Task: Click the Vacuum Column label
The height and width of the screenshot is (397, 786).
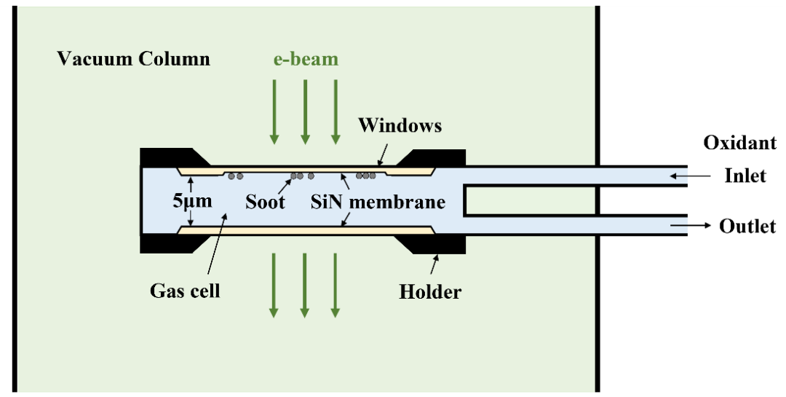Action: click(x=133, y=59)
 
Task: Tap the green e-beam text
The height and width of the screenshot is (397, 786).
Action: click(x=306, y=59)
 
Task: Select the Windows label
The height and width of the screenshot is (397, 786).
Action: click(x=400, y=125)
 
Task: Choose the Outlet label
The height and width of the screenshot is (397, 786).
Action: click(x=747, y=227)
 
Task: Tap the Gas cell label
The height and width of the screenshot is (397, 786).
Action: click(x=185, y=291)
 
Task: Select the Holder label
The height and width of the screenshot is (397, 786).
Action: click(x=430, y=292)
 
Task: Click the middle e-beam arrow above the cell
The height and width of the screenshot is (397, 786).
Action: click(x=305, y=110)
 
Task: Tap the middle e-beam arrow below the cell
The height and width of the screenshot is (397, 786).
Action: click(x=305, y=285)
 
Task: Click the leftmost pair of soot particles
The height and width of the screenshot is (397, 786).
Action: click(x=234, y=176)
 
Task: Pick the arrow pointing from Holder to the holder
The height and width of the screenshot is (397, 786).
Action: click(x=436, y=266)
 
